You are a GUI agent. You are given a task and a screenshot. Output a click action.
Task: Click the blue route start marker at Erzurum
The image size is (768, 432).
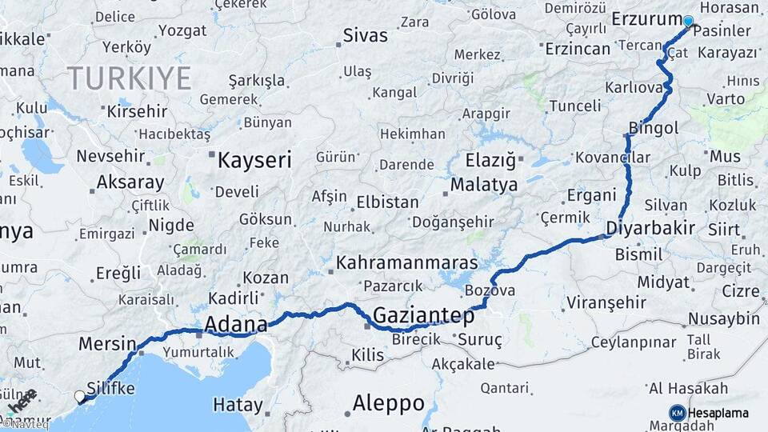click(688, 22)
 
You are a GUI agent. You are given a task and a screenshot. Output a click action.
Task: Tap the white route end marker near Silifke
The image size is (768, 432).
click(79, 395)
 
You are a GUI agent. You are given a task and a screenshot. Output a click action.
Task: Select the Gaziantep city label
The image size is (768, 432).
click(423, 315)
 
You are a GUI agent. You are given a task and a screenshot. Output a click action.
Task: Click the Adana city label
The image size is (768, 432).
click(236, 324)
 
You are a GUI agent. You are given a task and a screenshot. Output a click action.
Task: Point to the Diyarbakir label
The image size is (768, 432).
click(650, 227)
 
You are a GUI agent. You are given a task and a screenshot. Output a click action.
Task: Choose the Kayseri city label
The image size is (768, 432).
click(254, 160)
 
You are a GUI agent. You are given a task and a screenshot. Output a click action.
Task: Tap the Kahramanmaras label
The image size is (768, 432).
click(406, 262)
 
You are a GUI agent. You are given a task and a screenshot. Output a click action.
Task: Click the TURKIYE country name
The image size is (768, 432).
click(129, 78)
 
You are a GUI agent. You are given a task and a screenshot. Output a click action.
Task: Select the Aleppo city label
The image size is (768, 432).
click(388, 403)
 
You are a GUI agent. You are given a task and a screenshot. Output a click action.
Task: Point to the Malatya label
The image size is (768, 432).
click(483, 185)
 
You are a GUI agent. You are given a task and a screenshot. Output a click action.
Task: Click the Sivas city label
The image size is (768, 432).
click(365, 35)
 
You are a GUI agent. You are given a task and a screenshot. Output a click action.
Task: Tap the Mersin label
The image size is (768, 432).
click(107, 344)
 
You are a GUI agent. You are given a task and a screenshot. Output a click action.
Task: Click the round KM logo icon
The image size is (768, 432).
click(678, 413)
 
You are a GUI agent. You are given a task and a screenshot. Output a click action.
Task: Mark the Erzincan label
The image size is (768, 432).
click(578, 49)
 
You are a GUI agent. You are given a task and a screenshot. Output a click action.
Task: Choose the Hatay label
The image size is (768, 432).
click(238, 405)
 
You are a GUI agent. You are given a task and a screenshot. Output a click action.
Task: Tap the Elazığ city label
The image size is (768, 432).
click(490, 160)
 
